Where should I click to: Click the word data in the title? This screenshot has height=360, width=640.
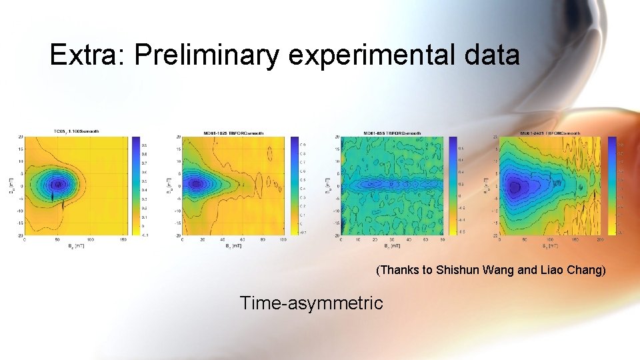point(491,55)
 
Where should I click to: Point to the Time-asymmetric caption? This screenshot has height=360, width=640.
point(311,303)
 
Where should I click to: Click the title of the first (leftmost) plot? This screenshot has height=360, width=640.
point(76,131)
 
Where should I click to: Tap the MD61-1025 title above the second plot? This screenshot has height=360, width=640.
point(233,133)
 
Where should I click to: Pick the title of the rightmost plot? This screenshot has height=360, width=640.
point(551,133)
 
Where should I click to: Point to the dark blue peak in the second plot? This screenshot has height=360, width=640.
point(195,183)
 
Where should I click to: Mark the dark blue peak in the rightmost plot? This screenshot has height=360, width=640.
point(515,187)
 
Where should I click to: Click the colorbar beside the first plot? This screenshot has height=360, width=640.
point(136,186)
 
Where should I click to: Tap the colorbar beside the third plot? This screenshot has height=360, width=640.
point(453,186)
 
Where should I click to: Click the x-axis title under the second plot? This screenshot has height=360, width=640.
point(233,246)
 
